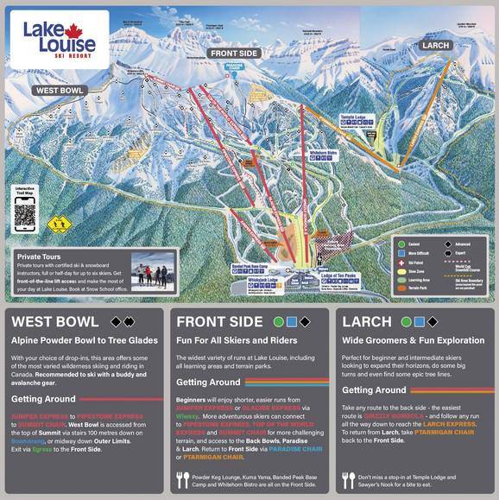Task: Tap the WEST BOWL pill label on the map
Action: pos(59,91)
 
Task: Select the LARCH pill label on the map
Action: pos(437,45)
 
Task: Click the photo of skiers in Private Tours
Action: pos(152,272)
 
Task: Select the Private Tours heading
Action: pos(42,256)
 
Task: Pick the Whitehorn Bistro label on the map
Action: pos(322,152)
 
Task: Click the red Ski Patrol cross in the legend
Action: pos(400,260)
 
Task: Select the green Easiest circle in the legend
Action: pos(400,244)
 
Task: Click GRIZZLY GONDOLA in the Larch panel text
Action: pos(393,415)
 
